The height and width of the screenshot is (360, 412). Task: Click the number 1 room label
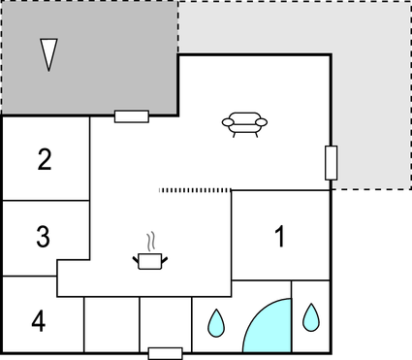point(280,237)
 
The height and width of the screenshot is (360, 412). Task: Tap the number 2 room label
point(45,160)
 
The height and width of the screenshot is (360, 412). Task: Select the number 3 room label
point(43,236)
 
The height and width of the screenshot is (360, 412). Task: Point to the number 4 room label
point(38,320)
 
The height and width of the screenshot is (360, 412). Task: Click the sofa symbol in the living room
point(244,123)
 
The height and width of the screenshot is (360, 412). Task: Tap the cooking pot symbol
point(150,260)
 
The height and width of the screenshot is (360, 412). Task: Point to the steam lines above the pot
point(150,240)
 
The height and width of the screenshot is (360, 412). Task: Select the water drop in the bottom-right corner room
point(311,316)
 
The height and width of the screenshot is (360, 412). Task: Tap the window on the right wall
point(331,162)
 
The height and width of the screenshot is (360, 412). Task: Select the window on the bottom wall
point(165,352)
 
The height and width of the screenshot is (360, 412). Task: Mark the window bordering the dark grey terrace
point(131,116)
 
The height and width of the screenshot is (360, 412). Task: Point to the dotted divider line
point(195,190)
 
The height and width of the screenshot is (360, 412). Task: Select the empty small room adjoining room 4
point(111,324)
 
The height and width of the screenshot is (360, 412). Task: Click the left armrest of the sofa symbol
point(228,122)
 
